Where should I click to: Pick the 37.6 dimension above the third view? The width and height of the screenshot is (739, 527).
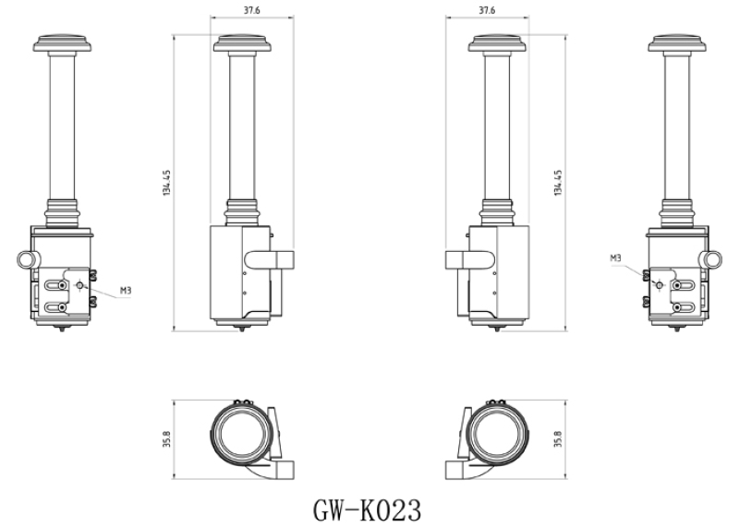[x=486, y=10]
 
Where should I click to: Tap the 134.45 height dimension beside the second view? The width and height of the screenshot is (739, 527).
[x=166, y=183]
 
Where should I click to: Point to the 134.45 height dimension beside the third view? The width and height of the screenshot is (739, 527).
[x=559, y=183]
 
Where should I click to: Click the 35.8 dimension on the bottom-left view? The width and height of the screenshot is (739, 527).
[x=166, y=439]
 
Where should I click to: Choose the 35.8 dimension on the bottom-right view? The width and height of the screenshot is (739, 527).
[x=557, y=439]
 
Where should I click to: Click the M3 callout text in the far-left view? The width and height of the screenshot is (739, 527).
[x=126, y=290]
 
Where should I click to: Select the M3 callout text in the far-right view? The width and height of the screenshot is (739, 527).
[x=615, y=258]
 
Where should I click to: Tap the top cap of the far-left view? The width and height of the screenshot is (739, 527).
[x=62, y=42]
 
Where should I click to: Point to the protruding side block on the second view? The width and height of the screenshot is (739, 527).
[x=280, y=258]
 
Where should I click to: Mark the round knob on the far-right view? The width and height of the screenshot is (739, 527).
[x=711, y=259]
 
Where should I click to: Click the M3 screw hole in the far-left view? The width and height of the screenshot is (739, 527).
[x=80, y=285]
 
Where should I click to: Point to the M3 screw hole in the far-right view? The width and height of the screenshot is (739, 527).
[x=658, y=285]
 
